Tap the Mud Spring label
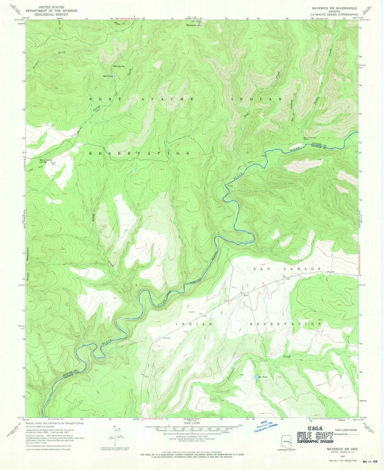pyautogui.click(x=117, y=66)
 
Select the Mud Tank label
pyautogui.click(x=107, y=76)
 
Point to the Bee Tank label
pyautogui.click(x=263, y=377)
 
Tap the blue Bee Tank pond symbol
pyautogui.click(x=256, y=379)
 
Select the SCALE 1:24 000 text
pyautogui.click(x=192, y=423)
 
